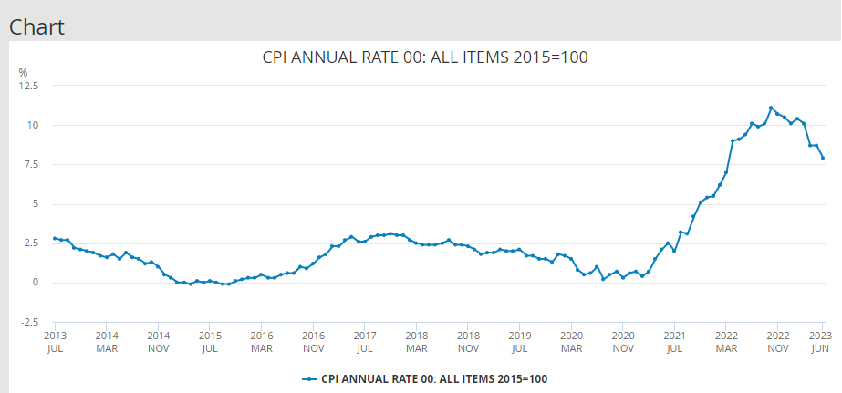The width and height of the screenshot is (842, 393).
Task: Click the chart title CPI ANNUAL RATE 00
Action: click(x=424, y=57)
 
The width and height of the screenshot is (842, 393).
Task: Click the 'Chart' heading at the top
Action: click(x=36, y=26)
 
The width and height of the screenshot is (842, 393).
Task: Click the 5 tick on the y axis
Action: click(x=35, y=203)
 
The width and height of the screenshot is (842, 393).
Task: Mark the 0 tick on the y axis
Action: click(x=35, y=283)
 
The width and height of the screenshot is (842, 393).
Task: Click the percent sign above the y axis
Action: click(x=24, y=71)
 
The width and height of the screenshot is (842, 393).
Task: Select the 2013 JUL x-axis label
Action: click(x=55, y=341)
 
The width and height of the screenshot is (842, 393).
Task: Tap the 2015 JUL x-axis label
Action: click(x=210, y=341)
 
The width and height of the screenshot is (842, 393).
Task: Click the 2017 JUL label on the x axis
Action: click(x=365, y=341)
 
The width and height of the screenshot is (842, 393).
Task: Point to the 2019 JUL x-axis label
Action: click(x=520, y=341)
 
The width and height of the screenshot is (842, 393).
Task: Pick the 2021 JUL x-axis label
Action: click(x=675, y=341)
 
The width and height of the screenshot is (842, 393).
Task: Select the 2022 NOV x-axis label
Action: click(x=778, y=341)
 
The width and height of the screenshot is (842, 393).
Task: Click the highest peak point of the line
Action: click(x=771, y=108)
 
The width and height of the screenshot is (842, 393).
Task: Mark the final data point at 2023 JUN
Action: click(x=823, y=158)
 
